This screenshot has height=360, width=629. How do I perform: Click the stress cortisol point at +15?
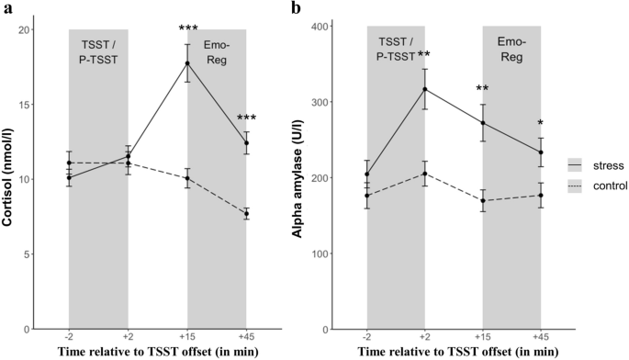[x=187, y=63]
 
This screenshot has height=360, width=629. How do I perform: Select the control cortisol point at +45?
[x=246, y=213]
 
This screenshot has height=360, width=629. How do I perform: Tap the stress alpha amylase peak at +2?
[x=425, y=89]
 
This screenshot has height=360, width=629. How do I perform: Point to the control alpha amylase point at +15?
[x=484, y=200]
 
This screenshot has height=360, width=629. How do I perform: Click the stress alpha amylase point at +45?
[x=542, y=152]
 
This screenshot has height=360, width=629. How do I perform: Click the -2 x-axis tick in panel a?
[x=69, y=336]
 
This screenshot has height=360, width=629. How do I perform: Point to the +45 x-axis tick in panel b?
[x=542, y=336]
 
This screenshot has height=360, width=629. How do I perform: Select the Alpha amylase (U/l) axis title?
[x=297, y=178]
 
